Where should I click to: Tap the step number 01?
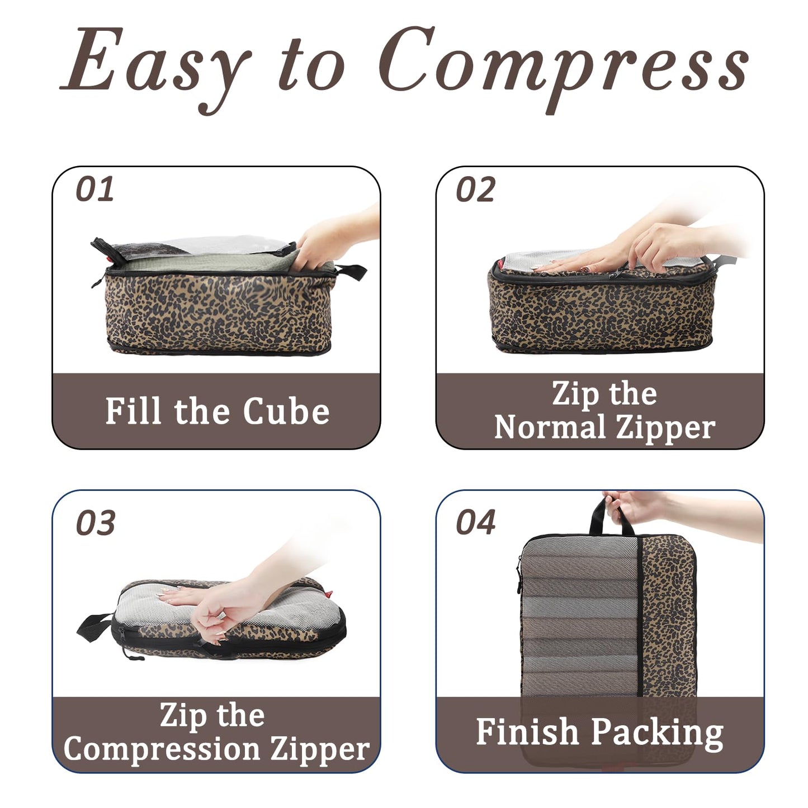click(x=94, y=190)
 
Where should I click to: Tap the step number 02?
click(x=475, y=190)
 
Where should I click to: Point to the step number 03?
click(x=95, y=523)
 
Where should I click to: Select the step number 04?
click(x=475, y=522)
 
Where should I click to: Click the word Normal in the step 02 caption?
click(x=550, y=428)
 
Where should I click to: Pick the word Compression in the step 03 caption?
click(x=162, y=749)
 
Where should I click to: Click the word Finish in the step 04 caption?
click(x=527, y=732)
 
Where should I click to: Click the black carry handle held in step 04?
click(x=599, y=517)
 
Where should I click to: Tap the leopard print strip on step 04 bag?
click(x=668, y=615)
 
